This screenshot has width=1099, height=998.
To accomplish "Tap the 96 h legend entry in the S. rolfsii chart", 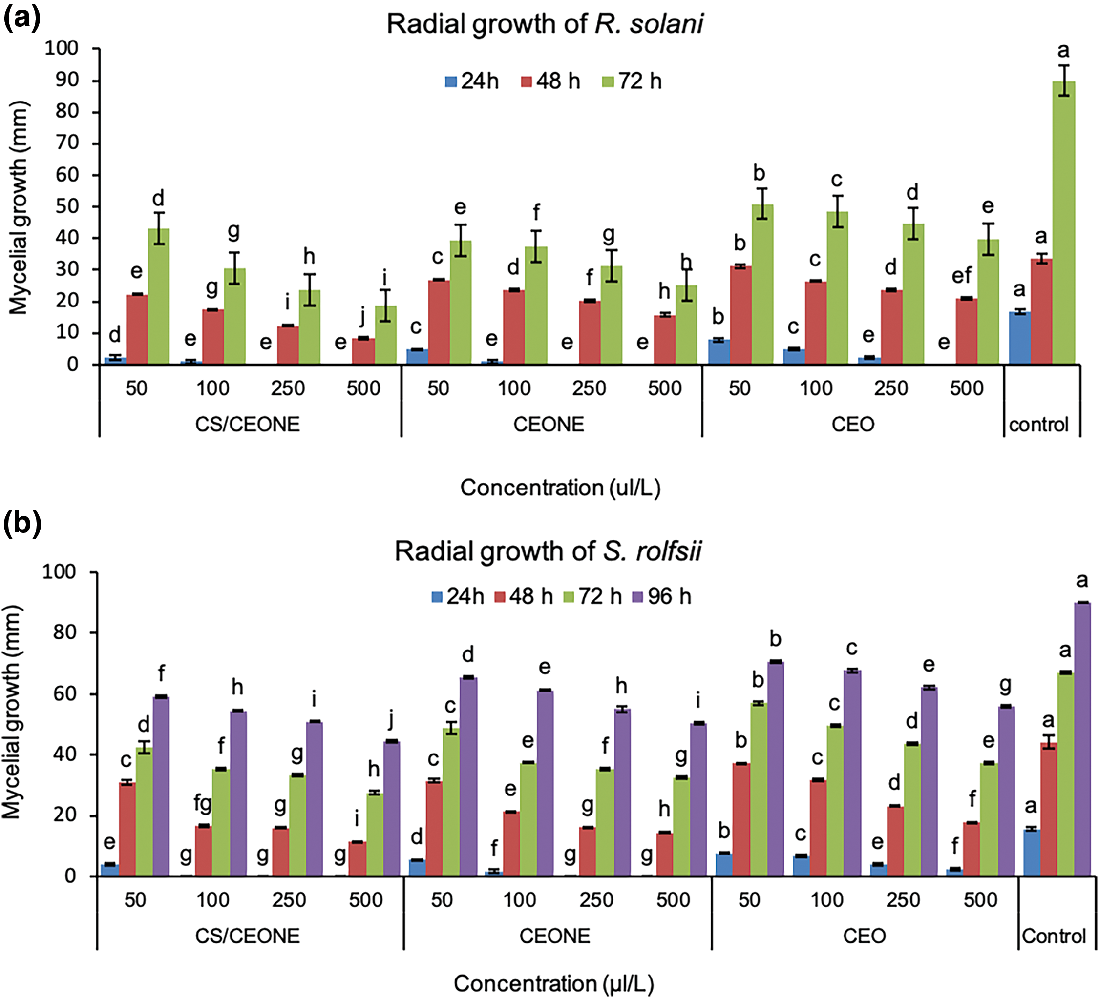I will pos(662,596).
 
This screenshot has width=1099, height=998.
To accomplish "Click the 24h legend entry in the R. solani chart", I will pos(472,81).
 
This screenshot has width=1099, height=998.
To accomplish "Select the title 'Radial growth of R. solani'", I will pos(545,24).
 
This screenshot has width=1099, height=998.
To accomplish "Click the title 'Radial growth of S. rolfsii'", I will pos(548,551).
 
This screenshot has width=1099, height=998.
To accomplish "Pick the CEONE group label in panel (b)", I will pos(554,936).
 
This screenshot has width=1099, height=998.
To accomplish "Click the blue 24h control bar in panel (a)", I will pos(1019,338).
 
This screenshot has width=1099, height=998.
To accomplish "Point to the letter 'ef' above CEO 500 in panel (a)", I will pos(962,276).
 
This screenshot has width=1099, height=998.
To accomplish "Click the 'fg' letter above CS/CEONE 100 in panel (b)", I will pos(203,802).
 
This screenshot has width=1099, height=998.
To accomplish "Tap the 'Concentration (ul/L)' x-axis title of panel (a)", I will pos(560,488).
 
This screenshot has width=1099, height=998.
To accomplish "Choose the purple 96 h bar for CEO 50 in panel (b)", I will pos(775,769).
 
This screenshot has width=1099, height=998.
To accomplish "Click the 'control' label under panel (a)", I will pos(1038,425).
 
